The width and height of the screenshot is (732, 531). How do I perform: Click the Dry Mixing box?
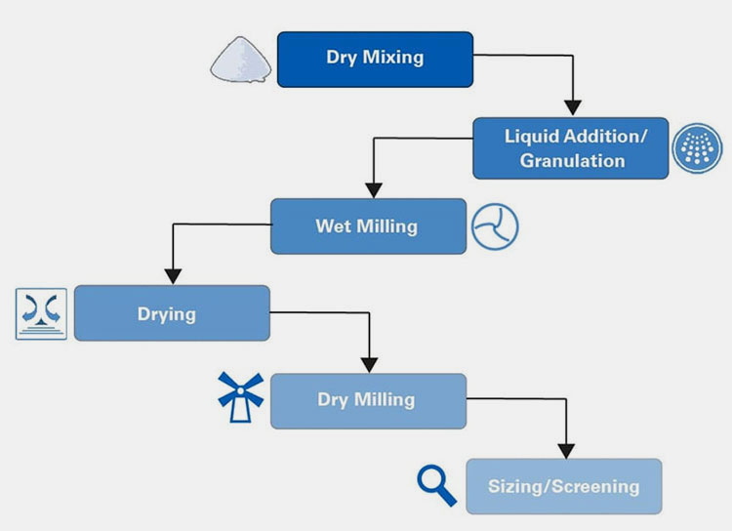pos(375,59)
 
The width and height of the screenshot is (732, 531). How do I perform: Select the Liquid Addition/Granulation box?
pos(571,147)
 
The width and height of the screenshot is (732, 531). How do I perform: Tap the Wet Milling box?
pos(367,226)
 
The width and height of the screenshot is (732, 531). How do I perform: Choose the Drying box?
pos(172,313)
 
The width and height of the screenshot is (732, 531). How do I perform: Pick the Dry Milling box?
pos(367,400)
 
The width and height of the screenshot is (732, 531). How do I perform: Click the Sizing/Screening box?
pos(563,486)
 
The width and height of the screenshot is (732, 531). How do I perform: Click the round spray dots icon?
pos(698,148)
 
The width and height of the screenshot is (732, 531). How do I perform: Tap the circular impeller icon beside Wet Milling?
pos(495,227)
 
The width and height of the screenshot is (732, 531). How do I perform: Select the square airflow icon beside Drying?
pos(42,313)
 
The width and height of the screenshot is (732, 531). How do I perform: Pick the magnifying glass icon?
pos(436,485)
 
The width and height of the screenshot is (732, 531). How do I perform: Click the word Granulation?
pos(572,161)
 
